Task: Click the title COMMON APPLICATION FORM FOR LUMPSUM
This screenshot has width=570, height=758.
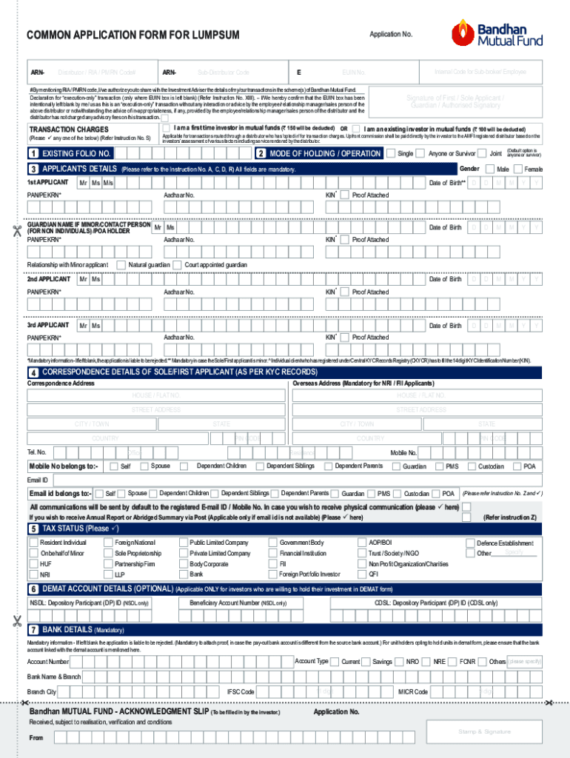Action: click(133, 36)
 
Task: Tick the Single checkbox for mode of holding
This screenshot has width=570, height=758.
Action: click(390, 154)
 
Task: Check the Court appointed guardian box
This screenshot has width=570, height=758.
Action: click(178, 265)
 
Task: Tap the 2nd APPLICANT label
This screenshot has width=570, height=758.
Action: click(49, 279)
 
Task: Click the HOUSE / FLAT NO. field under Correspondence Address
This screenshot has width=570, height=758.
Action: click(156, 395)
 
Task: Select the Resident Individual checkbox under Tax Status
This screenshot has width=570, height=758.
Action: click(33, 543)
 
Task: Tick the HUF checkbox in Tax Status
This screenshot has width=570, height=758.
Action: click(33, 563)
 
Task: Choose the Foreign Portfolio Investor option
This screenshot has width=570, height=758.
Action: click(273, 574)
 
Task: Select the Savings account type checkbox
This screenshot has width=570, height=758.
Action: click(367, 662)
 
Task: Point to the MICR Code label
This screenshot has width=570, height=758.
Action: click(412, 691)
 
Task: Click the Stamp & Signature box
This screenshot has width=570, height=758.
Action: click(484, 731)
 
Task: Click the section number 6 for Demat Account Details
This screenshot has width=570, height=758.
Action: click(33, 589)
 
